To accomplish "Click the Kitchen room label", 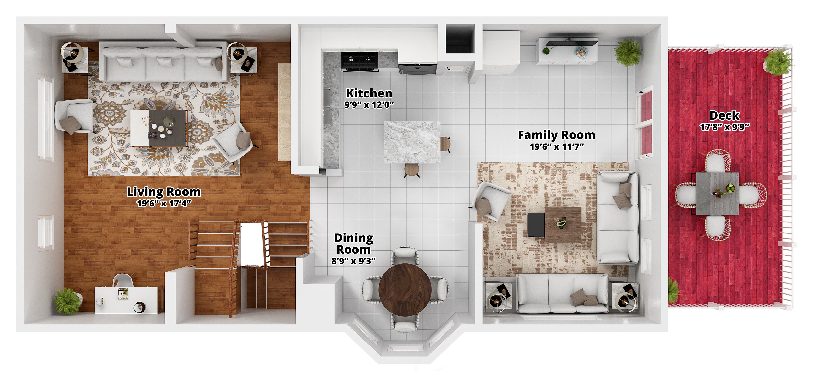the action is [369, 93].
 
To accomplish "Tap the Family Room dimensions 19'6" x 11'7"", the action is [557, 147].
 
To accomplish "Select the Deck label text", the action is [724, 116].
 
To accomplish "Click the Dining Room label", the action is [353, 244].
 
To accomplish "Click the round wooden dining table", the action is [405, 290].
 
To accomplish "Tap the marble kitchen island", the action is [412, 142].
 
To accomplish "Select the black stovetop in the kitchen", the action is [359, 60].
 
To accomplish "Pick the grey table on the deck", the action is [717, 194].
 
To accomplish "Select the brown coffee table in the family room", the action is [563, 225].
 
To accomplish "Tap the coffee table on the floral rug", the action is [159, 128].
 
